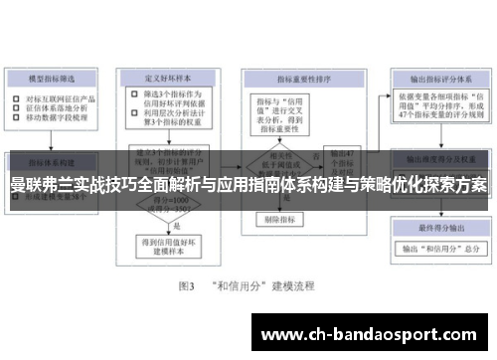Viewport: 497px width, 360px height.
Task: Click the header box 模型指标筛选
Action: pos(56,77)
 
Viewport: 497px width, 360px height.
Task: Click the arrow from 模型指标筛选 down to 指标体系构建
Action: pos(56,139)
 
